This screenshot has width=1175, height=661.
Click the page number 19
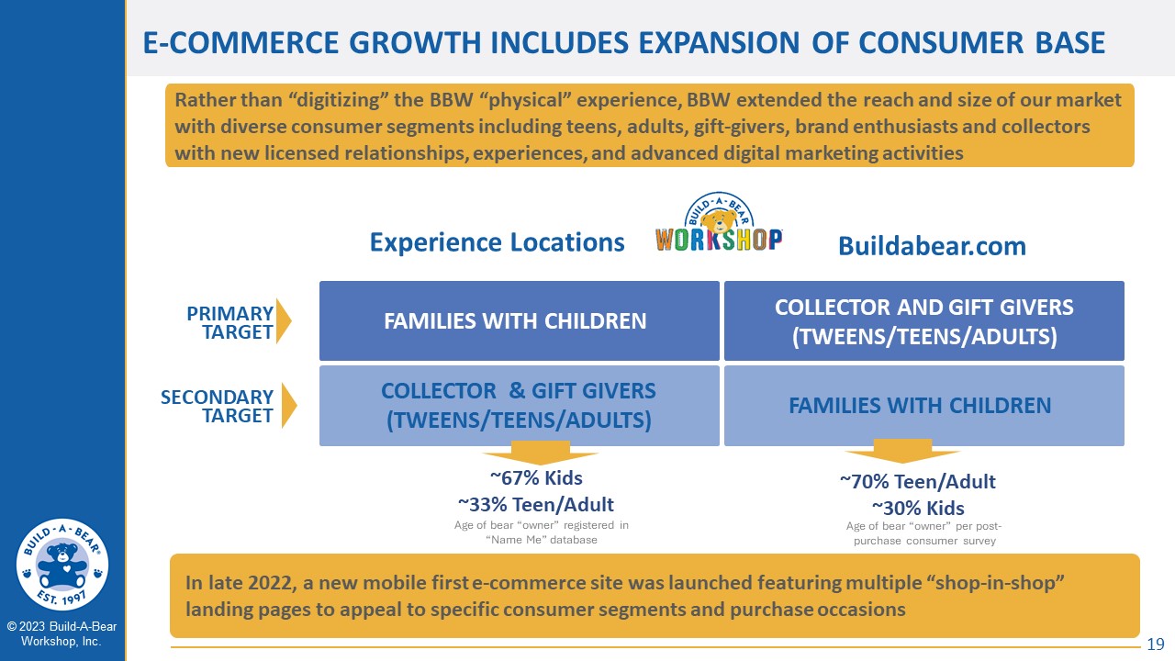(x=1156, y=644)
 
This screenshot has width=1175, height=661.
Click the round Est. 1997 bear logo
(x=62, y=564)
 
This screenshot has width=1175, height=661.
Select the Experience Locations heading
(x=497, y=242)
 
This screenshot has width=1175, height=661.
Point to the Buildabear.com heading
(x=932, y=246)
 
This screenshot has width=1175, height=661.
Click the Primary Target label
(x=229, y=322)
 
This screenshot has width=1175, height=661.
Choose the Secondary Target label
(x=217, y=406)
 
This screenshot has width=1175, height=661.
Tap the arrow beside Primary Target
(x=284, y=321)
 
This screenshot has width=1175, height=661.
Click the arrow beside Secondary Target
(x=288, y=406)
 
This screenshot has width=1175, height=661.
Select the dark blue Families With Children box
(x=520, y=320)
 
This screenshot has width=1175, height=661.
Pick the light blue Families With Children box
(x=923, y=406)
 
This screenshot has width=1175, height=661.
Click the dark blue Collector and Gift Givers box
(x=923, y=320)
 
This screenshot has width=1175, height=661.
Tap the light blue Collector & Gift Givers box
(x=520, y=406)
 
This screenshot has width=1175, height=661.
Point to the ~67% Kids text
(x=536, y=478)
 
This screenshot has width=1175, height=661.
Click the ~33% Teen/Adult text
(x=535, y=505)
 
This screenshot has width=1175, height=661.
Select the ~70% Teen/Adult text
(x=917, y=482)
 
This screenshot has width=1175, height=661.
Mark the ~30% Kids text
(x=917, y=509)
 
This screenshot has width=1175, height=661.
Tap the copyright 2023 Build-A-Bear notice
(x=62, y=633)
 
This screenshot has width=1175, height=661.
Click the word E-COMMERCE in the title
(x=241, y=43)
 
